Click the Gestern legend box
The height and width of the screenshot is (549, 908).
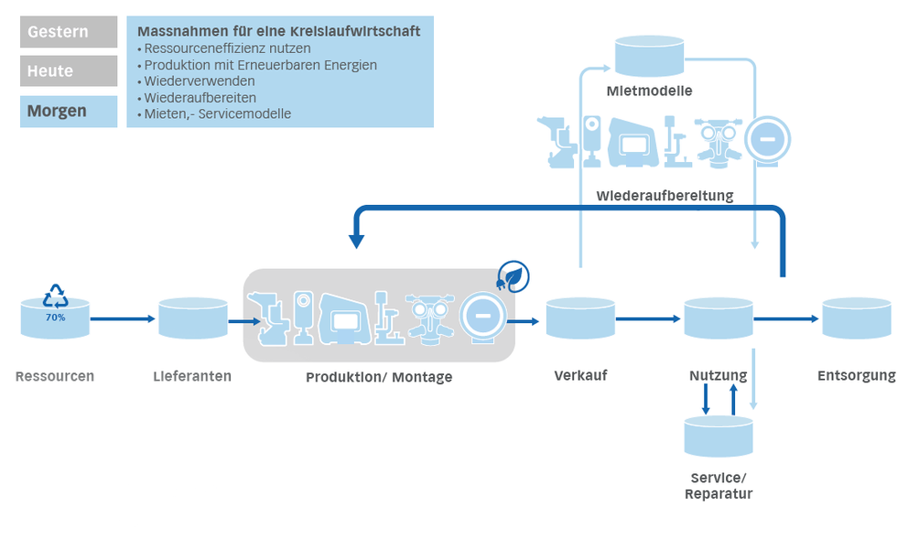69,32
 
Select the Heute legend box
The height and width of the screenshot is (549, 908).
69,71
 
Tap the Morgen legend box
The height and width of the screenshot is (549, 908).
69,111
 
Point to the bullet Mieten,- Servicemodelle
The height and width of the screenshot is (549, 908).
212,114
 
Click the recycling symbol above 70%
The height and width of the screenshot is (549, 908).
56,296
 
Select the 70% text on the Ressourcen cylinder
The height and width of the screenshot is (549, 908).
56,318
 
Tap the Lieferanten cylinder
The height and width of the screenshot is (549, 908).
192,319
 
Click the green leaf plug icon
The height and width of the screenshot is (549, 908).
513,275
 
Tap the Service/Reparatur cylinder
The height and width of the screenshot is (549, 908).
719,436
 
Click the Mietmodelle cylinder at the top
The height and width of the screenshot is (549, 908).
649,56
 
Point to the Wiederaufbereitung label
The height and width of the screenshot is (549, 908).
665,196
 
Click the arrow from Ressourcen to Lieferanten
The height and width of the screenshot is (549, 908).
124,319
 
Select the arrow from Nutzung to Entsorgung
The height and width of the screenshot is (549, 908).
786,319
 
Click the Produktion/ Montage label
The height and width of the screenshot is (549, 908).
379,377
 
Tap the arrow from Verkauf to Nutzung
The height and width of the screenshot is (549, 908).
649,319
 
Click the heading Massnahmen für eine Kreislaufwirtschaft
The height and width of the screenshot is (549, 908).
278,31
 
